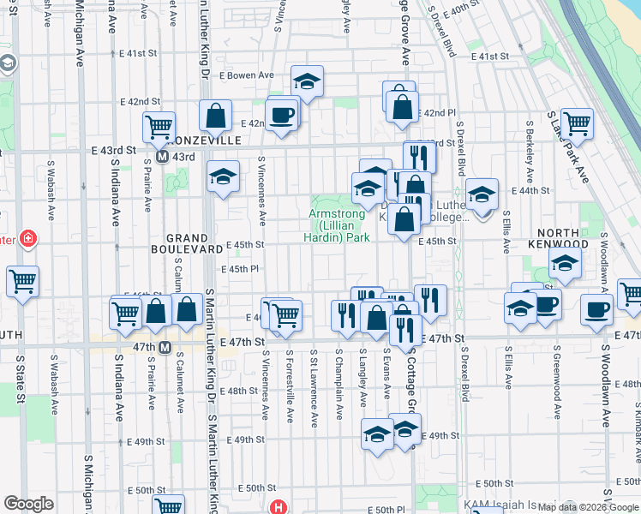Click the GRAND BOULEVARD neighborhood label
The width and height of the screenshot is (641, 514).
[188, 243]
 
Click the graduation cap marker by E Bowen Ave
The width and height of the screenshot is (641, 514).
[307, 81]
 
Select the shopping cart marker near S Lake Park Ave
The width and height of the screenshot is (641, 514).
[577, 123]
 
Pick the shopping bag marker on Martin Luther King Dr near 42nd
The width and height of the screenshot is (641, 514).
[216, 115]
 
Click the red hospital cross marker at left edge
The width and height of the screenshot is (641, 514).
[27, 237]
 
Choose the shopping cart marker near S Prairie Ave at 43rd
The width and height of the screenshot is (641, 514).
[159, 127]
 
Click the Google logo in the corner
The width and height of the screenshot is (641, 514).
[29, 504]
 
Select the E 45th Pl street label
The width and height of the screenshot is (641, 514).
[240, 269]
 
